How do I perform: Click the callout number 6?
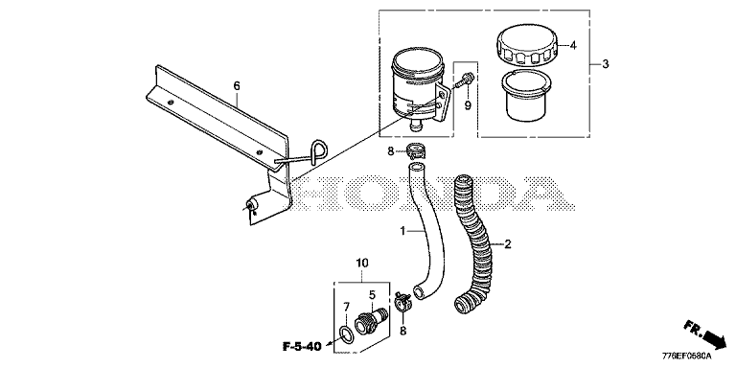237,86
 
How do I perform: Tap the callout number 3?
606,64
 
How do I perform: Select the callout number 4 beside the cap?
573,46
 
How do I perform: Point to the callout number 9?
468,105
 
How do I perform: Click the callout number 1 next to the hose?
402,231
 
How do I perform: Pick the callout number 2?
507,243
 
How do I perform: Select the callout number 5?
372,295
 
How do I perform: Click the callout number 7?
346,308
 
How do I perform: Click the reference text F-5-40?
302,347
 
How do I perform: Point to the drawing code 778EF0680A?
686,356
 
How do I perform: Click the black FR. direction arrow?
713,336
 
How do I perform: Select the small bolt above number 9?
465,80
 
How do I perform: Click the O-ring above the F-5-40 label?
346,334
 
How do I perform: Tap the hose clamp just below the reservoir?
414,151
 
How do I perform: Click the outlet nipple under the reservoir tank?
415,126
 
